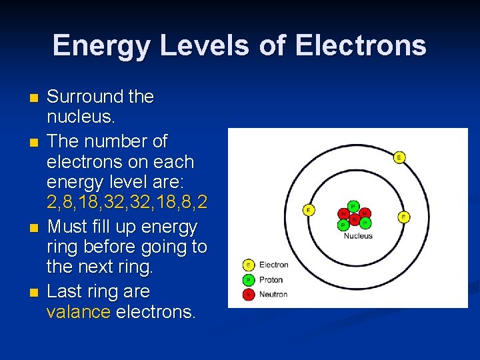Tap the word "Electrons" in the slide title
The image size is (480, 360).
[x=361, y=46]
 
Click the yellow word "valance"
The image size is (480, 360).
[x=79, y=312]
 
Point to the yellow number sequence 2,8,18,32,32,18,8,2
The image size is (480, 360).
[x=127, y=203]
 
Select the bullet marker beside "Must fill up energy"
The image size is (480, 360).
[x=34, y=229]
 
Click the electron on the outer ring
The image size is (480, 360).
[x=399, y=157]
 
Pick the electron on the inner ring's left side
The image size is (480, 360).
[x=309, y=210]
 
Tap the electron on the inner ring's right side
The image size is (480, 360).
[x=403, y=217]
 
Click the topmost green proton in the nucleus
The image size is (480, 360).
[x=353, y=206]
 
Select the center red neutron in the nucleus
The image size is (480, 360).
[x=355, y=218]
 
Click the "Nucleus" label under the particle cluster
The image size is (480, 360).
[x=358, y=235]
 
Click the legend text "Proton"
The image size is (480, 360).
[x=271, y=280]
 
